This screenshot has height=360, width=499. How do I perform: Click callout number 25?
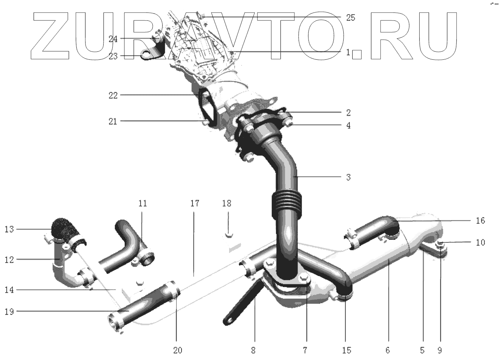tap(350, 18)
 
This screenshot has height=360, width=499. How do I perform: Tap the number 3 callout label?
tap(349, 177)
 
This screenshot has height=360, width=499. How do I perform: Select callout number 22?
tap(113, 96)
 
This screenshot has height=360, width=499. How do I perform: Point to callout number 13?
tap(9, 229)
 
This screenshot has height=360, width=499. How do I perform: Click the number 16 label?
tap(480, 221)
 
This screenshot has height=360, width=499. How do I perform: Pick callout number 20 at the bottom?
tap(178, 351)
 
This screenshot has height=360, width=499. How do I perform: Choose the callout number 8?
tap(253, 351)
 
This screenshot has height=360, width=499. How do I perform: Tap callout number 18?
tap(227, 203)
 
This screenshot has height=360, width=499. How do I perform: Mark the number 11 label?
tap(143, 203)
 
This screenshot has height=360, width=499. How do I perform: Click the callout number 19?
tap(9, 312)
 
